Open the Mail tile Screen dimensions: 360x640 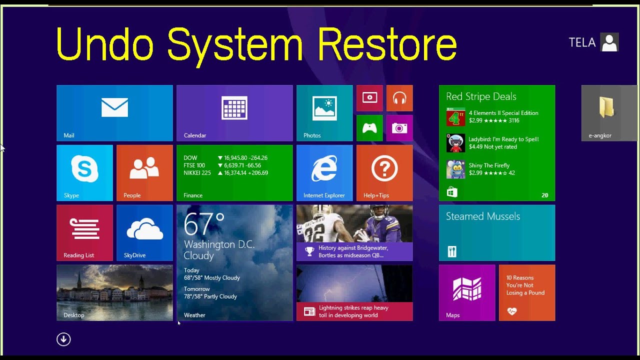114,113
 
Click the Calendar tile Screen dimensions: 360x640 234,113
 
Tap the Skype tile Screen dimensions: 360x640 84,173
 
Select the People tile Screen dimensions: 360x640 144,173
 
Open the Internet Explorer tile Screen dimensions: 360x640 324,173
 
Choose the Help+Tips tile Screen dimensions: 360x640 384,173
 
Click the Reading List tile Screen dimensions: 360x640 84,233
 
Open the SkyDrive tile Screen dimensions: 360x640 144,233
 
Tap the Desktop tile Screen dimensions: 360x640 114,292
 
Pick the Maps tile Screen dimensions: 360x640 467,292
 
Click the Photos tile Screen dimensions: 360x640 324,113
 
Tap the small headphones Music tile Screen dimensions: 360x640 399,98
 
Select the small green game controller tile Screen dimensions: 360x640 369,128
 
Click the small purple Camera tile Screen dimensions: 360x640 399,128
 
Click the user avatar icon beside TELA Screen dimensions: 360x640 609,42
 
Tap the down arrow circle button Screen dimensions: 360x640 63,339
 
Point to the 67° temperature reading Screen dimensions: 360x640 204,224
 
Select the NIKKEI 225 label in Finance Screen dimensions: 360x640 197,173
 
